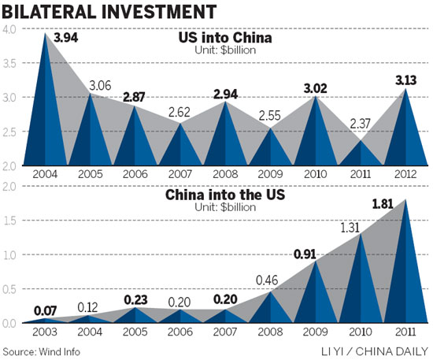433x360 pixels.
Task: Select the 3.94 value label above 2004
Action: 65,36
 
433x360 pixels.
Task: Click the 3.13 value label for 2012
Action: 406,77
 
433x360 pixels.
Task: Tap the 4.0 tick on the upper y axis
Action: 9,30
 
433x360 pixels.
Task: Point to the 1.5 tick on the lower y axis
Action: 9,221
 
